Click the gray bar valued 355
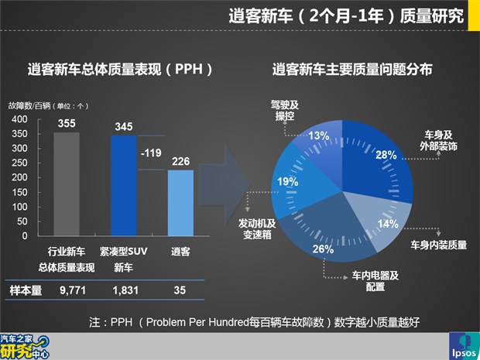(x=67, y=183)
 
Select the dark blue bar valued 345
(x=124, y=185)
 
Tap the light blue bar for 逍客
(x=180, y=203)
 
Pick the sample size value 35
(x=180, y=289)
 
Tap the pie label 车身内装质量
(x=438, y=245)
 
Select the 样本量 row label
(x=24, y=289)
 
